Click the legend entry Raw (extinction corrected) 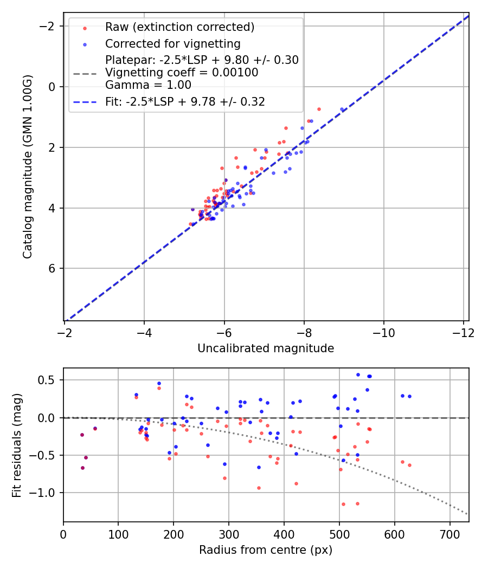tap(179, 27)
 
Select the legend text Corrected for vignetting tap(172, 43)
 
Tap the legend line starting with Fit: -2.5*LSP tap(185, 101)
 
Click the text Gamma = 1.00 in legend tap(148, 85)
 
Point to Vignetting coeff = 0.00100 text tap(182, 72)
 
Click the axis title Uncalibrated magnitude tap(266, 348)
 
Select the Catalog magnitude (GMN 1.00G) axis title tap(28, 167)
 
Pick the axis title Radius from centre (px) tap(266, 550)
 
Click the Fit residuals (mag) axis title tap(17, 445)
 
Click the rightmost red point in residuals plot tap(409, 465)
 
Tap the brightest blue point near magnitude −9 tap(342, 109)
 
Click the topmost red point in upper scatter tap(319, 109)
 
